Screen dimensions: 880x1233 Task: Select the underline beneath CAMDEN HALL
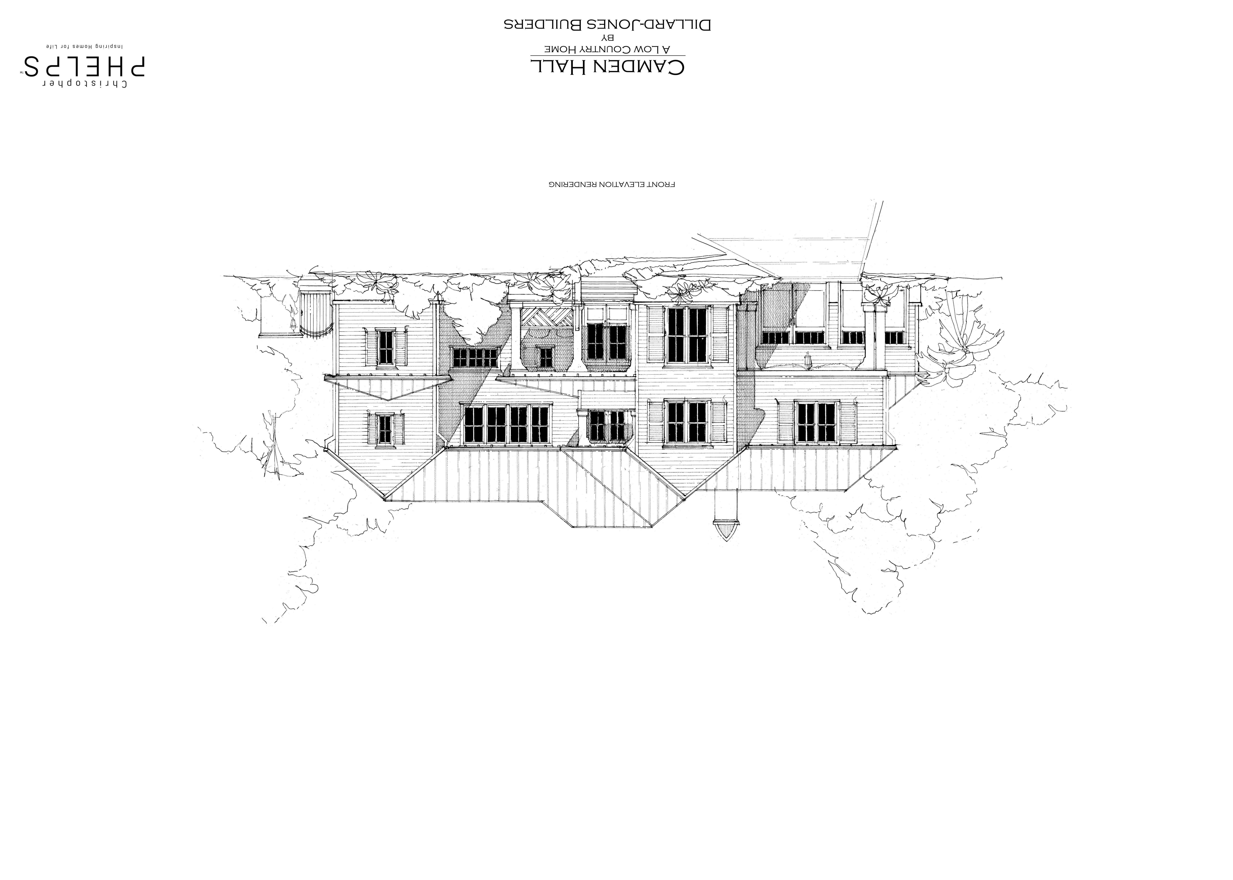(x=607, y=55)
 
